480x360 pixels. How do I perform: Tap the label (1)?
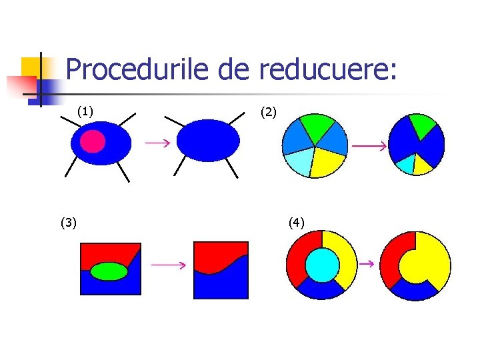[85, 111]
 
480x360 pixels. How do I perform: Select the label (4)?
[296, 222]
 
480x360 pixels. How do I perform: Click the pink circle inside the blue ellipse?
[93, 141]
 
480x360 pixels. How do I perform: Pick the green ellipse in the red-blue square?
[109, 271]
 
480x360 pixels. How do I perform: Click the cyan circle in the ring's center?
[322, 265]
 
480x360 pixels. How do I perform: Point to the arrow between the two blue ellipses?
[157, 142]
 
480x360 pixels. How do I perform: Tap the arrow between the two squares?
[167, 265]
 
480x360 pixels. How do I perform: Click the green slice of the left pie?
[317, 125]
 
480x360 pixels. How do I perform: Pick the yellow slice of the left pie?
[327, 162]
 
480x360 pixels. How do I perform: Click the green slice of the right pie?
[421, 123]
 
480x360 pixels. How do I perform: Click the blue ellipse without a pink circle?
[208, 140]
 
